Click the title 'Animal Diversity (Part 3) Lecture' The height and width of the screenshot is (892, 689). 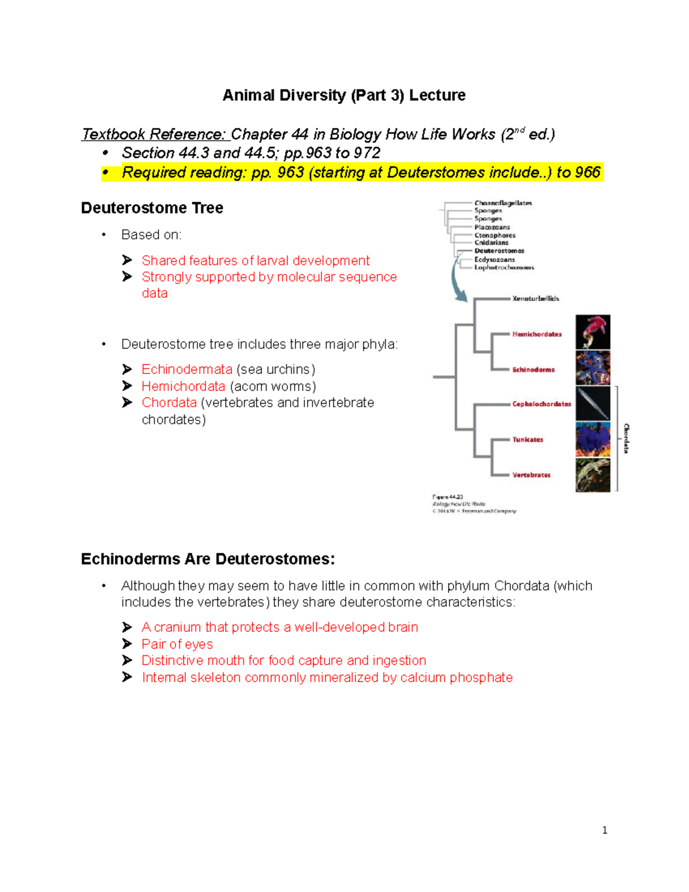(x=343, y=95)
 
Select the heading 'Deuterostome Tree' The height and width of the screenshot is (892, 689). (x=152, y=208)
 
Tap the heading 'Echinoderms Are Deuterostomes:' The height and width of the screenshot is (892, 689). (x=208, y=559)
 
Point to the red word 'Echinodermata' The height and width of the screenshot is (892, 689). (x=187, y=369)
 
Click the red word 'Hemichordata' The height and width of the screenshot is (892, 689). (x=183, y=387)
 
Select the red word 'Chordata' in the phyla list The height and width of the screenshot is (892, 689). (x=169, y=403)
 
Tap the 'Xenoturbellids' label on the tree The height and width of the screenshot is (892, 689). (x=535, y=299)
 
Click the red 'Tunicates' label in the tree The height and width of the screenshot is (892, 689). (x=528, y=439)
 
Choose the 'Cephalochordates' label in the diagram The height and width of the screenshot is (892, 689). (x=541, y=404)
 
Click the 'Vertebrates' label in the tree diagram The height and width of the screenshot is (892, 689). (x=531, y=475)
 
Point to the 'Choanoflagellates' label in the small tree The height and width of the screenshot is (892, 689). (x=503, y=203)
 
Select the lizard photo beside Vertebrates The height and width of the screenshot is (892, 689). (x=593, y=474)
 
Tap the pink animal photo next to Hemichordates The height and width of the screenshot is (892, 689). (x=593, y=332)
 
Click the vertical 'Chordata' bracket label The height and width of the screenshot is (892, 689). (x=626, y=438)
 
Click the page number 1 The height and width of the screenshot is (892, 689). (x=605, y=830)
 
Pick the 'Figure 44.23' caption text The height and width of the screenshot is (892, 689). (x=448, y=497)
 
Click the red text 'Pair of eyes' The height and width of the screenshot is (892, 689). (x=177, y=644)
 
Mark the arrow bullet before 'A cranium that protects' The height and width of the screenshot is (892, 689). (x=127, y=627)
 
